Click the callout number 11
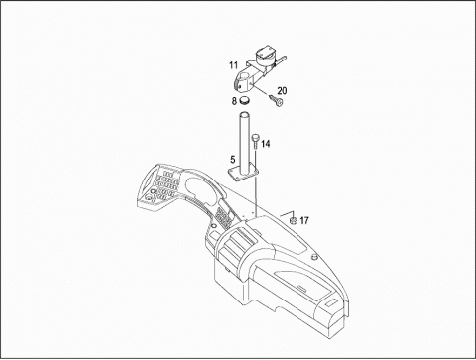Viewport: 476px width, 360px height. [x=234, y=65]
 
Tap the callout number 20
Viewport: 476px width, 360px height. [x=282, y=90]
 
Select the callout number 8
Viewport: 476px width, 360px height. [x=234, y=101]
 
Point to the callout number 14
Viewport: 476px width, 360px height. [x=266, y=144]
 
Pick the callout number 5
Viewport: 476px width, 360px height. [x=233, y=160]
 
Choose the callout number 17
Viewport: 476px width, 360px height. [x=304, y=220]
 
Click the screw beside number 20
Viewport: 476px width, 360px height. [x=277, y=100]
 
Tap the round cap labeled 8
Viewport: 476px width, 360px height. [x=244, y=99]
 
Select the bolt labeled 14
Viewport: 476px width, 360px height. [x=255, y=141]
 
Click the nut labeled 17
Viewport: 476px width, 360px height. [x=293, y=220]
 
